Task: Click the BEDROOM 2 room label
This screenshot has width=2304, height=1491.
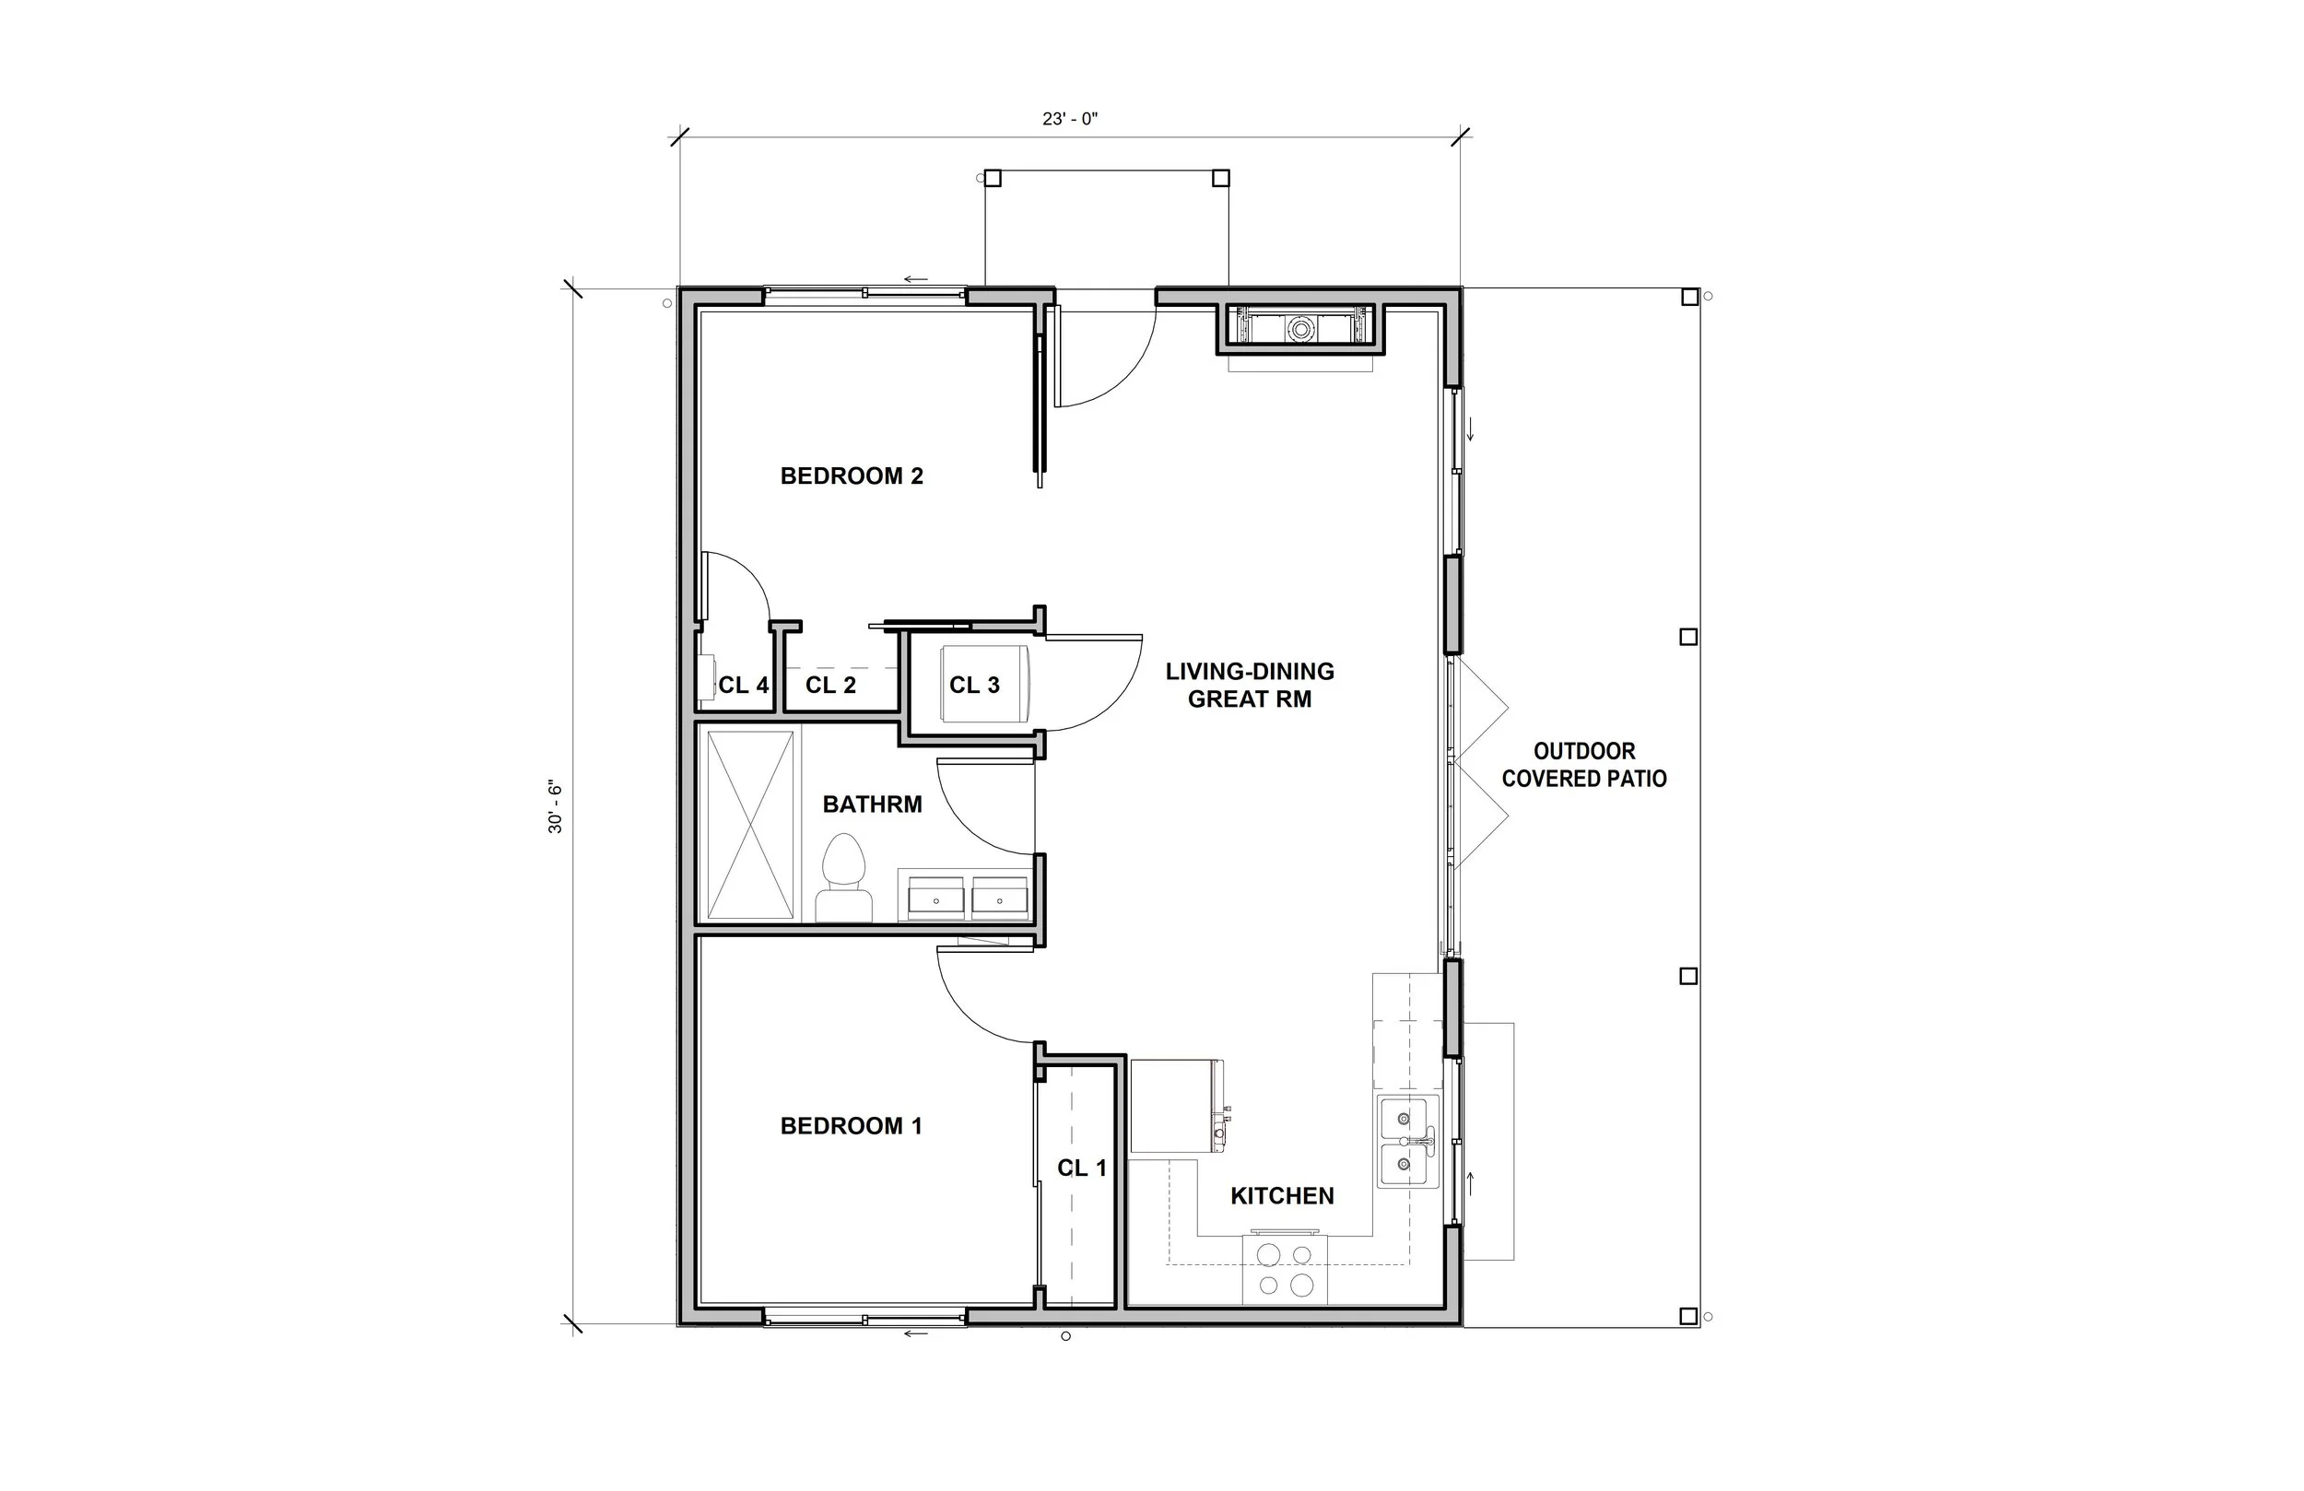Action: tap(852, 475)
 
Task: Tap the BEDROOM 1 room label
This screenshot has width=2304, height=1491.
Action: tap(851, 1126)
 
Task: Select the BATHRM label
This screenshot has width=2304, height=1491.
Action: tap(872, 804)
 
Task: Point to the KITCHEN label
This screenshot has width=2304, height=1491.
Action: tap(1283, 1196)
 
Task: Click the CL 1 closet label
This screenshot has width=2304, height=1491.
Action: tap(1082, 1168)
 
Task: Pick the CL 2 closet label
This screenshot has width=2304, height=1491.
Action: tap(830, 686)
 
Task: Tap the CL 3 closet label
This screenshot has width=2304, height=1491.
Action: tap(974, 686)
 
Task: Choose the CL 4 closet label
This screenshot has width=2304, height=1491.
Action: tap(744, 686)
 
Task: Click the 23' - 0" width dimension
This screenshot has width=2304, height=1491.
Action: tap(1070, 119)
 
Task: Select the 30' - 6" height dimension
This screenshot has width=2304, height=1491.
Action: tap(556, 806)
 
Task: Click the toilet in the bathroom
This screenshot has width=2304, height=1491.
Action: tap(844, 877)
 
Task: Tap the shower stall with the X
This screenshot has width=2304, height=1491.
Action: tap(750, 825)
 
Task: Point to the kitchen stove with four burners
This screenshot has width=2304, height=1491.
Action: tap(1285, 1270)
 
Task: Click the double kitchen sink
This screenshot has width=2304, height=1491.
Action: tap(1405, 1143)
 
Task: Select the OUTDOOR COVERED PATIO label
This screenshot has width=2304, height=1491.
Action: tap(1585, 765)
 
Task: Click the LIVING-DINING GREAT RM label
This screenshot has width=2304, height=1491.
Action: tap(1250, 686)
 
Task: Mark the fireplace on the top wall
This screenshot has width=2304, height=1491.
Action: tap(1301, 329)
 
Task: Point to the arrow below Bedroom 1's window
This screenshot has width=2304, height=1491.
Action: tap(916, 1334)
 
